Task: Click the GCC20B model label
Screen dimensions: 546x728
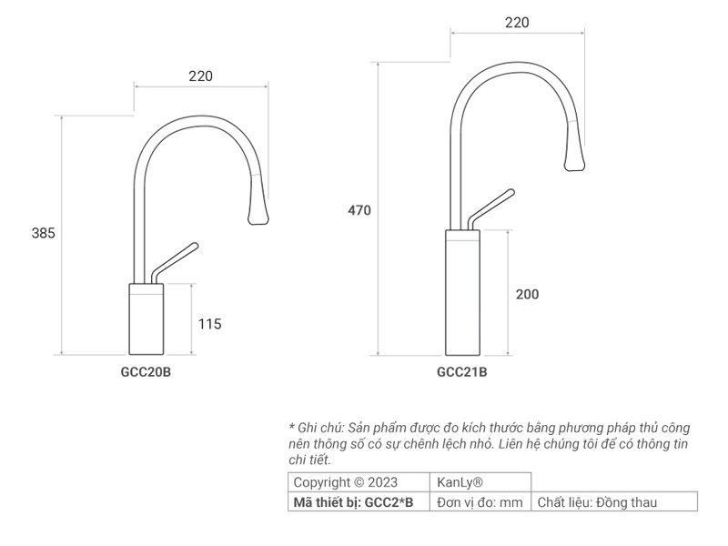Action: (x=146, y=371)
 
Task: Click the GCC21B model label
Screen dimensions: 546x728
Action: (x=462, y=371)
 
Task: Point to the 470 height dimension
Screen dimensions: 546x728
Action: (x=359, y=210)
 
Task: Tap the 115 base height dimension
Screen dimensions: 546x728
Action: (x=209, y=323)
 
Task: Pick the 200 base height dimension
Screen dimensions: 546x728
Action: (x=527, y=294)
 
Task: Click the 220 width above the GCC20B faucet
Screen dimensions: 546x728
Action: (x=201, y=76)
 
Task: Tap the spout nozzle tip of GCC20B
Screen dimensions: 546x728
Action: (x=258, y=216)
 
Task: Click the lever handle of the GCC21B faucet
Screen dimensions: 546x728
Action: (x=491, y=208)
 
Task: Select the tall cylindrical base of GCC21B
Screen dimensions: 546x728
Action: (x=462, y=293)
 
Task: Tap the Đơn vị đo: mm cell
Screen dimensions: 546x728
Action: (x=480, y=501)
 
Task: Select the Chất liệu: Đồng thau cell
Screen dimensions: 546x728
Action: (x=597, y=501)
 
